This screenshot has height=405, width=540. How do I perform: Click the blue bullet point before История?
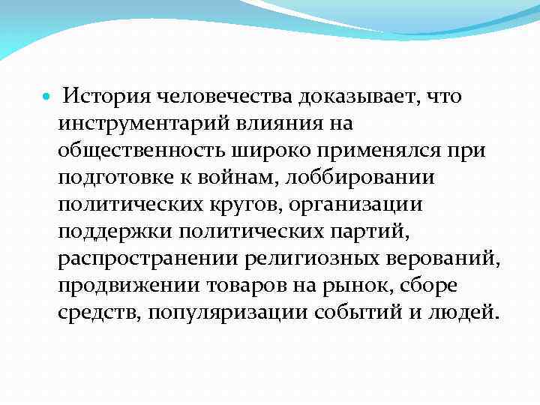[x=47, y=97]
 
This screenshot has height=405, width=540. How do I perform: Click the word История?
[x=105, y=97]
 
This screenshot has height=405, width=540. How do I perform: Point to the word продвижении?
[x=123, y=286]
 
